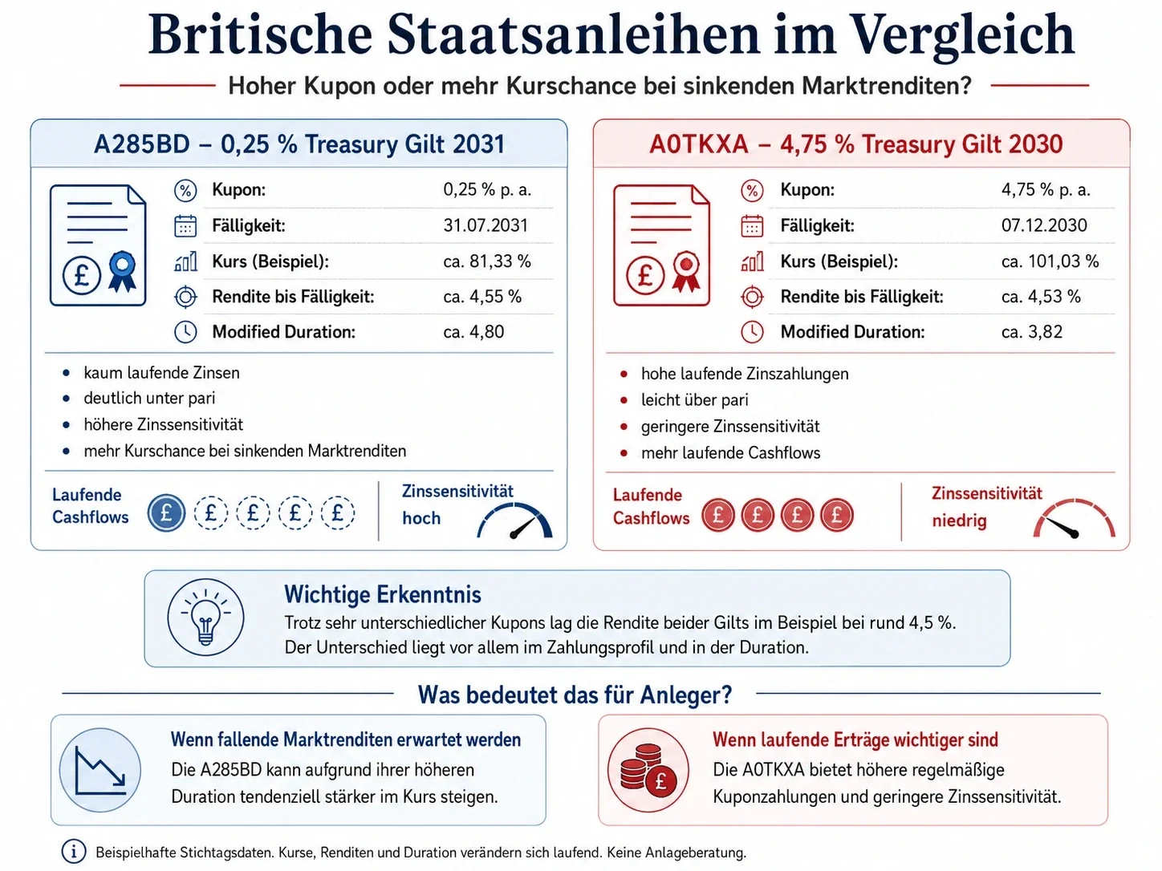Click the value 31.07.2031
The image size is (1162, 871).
pos(486,226)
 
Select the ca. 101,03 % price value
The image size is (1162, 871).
pos(1050,261)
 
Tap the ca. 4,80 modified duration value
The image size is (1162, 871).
pos(473,331)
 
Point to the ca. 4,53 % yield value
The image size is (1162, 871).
pos(1041,297)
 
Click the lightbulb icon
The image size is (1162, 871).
pos(205,618)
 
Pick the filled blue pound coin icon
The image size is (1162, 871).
pos(166,513)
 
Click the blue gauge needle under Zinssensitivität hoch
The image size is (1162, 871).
pos(524,527)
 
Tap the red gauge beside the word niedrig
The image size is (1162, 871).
pos(1074,518)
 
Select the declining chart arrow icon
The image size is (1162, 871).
pos(100,770)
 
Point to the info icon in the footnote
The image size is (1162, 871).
pos(74,852)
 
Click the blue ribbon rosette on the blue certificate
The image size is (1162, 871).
pos(122,271)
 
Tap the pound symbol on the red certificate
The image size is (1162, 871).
pos(644,275)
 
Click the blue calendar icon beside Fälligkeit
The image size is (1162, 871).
pos(185,226)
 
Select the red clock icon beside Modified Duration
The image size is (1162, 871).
pos(752,332)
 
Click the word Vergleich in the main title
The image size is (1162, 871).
pos(964,36)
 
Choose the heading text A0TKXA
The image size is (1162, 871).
pos(699,144)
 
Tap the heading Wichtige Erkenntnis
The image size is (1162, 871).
pos(383,594)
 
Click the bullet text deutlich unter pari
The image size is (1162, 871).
pos(149,399)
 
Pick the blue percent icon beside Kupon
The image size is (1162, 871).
pos(185,190)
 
